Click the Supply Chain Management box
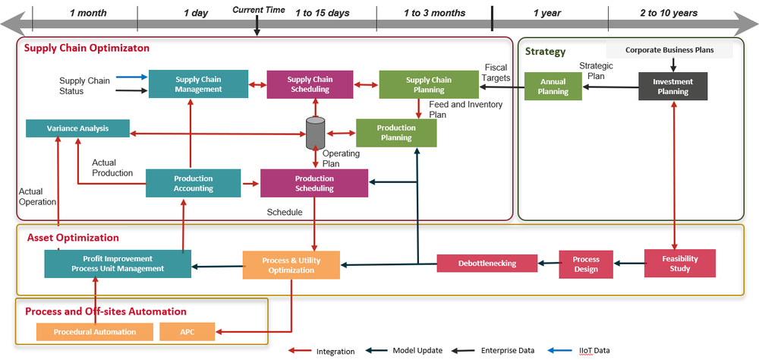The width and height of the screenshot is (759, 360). [198, 84]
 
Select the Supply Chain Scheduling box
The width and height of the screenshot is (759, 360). [310, 84]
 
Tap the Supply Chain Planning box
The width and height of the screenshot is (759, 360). [428, 84]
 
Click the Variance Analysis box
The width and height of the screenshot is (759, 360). [78, 128]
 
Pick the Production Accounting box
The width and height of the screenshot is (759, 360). [193, 183]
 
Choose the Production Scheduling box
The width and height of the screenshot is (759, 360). [314, 183]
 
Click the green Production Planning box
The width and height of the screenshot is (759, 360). [396, 133]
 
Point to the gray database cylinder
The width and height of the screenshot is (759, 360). [315, 133]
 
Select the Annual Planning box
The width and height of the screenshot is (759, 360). [553, 86]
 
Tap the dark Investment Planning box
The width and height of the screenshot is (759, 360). [672, 86]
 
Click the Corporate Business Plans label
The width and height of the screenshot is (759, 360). [669, 50]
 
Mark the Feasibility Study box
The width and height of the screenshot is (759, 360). [680, 263]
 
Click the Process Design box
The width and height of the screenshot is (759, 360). [585, 264]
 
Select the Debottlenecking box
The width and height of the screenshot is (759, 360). [487, 264]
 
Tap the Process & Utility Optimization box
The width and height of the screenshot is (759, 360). [291, 265]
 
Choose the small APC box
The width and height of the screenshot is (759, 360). [187, 331]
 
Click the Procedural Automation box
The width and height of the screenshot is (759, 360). [95, 331]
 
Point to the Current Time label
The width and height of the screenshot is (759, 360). [259, 10]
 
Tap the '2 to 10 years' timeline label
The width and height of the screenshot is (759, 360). [668, 13]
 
